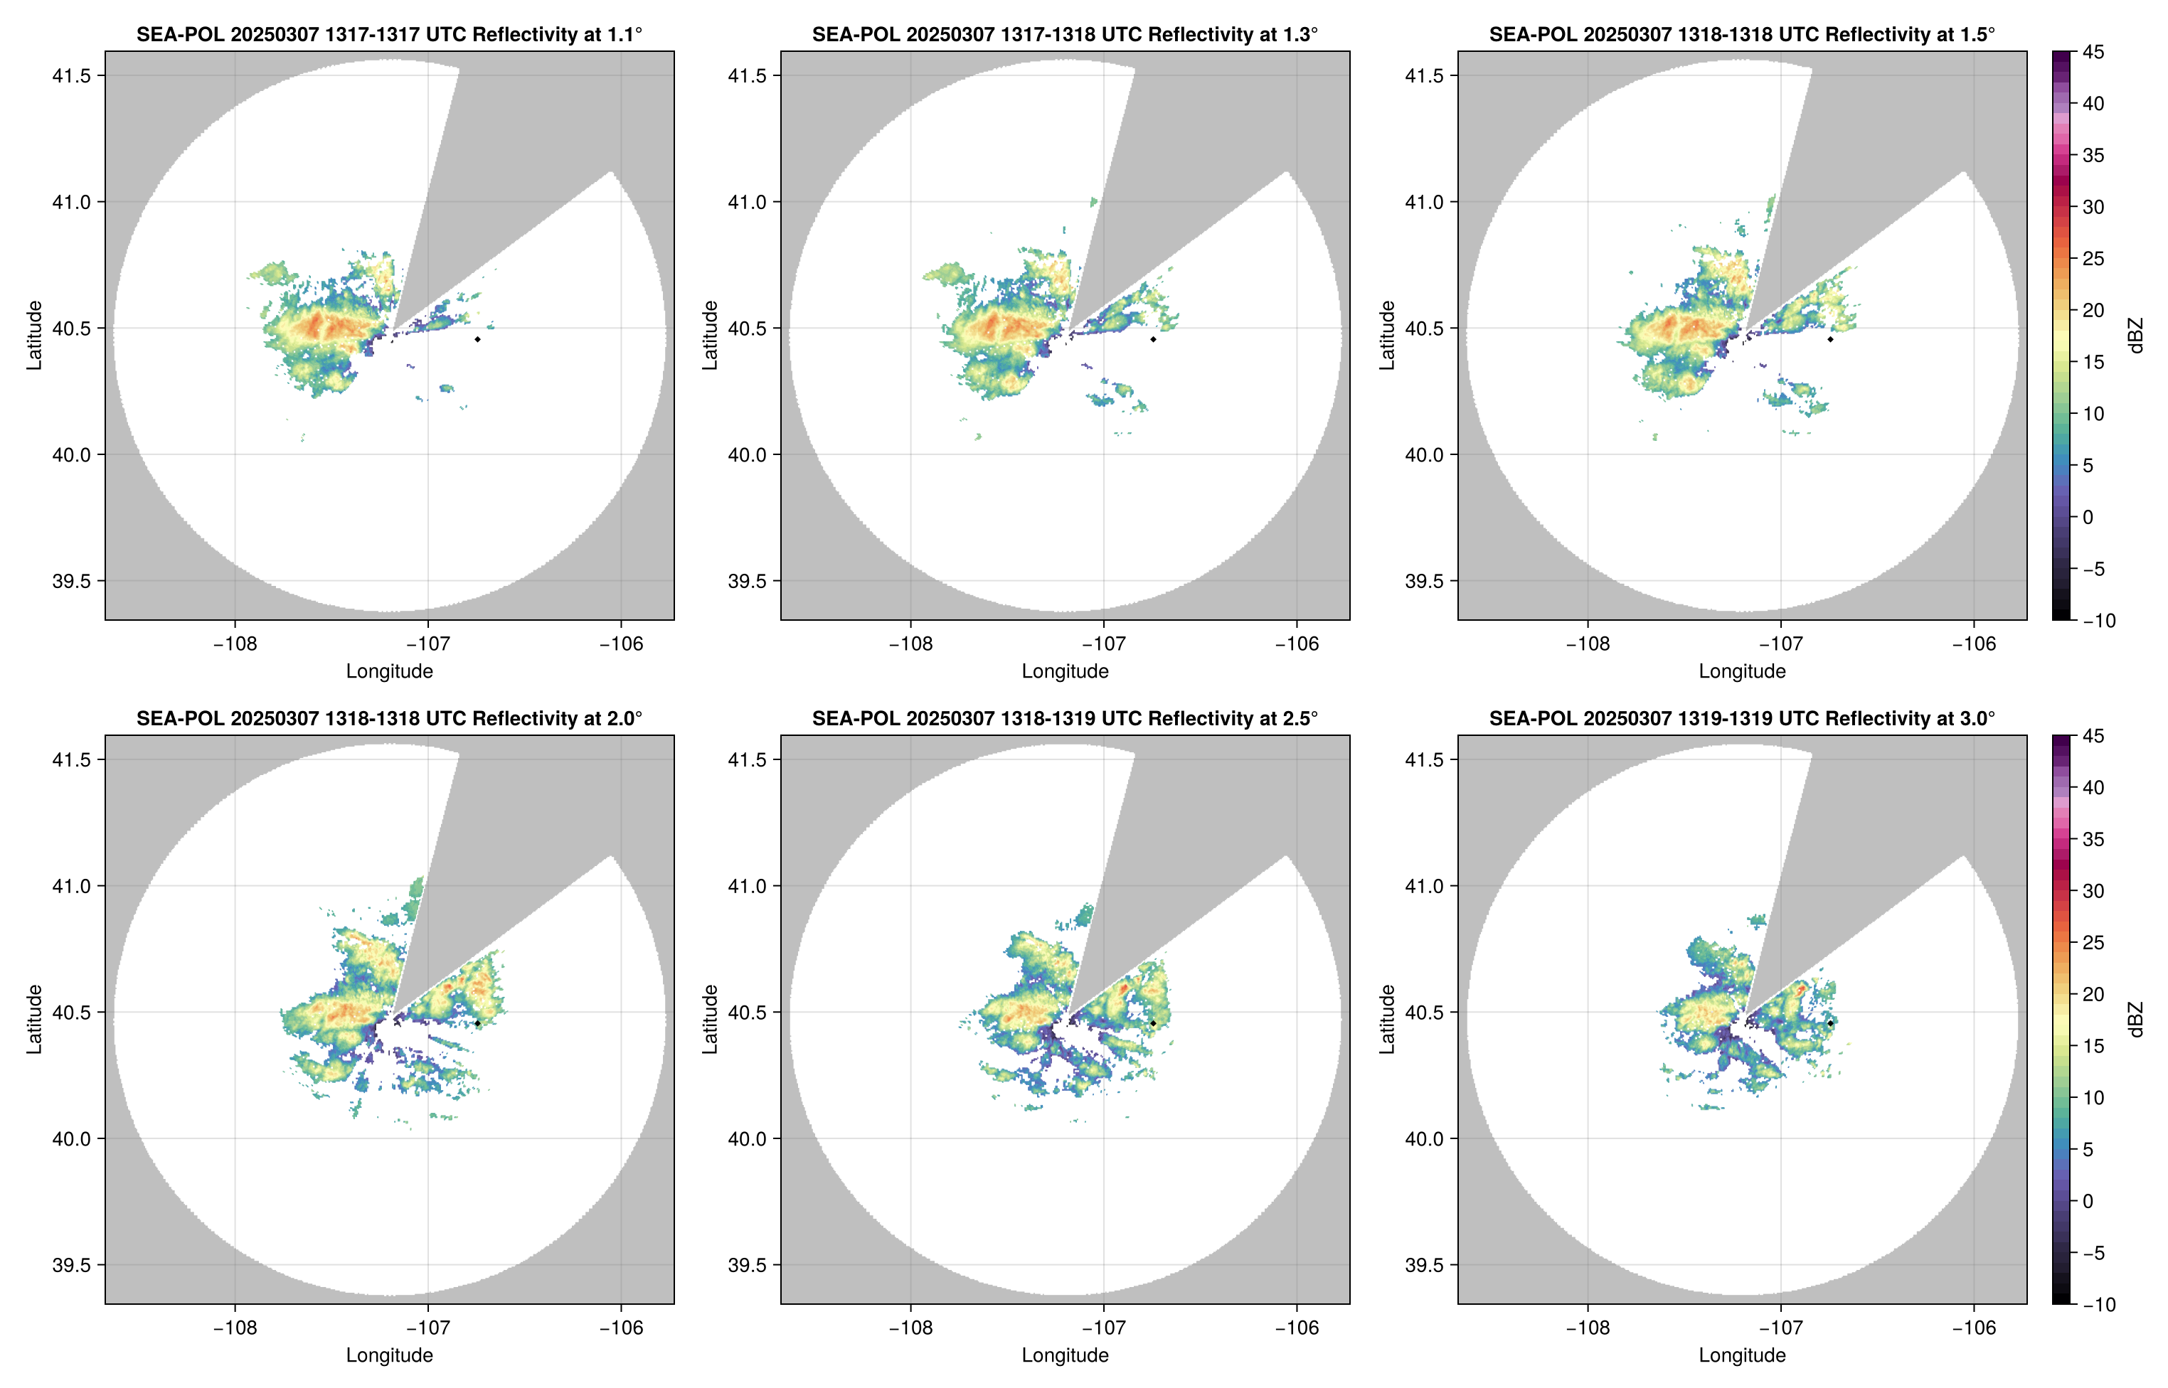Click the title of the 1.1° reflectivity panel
[x=389, y=34]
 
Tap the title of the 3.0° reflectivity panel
[x=1742, y=718]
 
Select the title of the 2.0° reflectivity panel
[x=389, y=718]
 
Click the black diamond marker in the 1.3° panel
[x=1153, y=339]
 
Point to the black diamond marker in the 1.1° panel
[x=477, y=339]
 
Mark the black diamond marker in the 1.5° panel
[x=1830, y=339]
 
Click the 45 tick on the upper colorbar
[x=2093, y=53]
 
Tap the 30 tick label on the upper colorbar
[x=2093, y=206]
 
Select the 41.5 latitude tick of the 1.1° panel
[x=72, y=75]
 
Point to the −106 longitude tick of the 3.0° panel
[x=1975, y=1328]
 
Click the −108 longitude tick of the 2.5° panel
[x=910, y=1328]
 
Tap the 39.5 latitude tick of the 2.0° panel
[x=72, y=1264]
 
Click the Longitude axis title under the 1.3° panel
[x=1065, y=671]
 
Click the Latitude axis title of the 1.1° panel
[x=34, y=336]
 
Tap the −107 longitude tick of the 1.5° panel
[x=1780, y=644]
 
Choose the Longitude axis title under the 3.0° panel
[x=1742, y=1355]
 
